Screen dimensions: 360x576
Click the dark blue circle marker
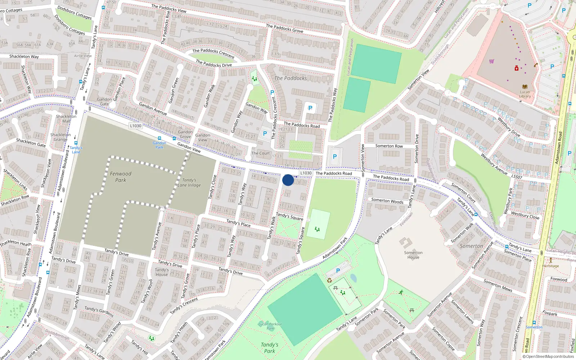tap(288, 180)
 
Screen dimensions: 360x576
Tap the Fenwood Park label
tap(121, 177)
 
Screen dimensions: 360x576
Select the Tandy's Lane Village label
tap(189, 183)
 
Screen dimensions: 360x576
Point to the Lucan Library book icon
tap(525, 86)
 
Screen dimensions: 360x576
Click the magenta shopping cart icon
tap(492, 61)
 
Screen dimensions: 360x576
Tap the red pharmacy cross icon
tap(517, 68)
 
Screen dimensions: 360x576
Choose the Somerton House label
tap(413, 255)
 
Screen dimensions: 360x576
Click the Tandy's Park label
tap(269, 348)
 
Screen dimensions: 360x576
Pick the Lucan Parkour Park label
tap(270, 326)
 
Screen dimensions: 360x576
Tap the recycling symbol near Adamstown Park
tap(329, 280)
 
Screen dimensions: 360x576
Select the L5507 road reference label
tap(517, 176)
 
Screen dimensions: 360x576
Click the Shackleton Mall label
tap(66, 119)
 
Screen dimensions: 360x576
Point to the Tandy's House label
tap(162, 272)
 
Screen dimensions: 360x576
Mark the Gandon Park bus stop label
tap(159, 145)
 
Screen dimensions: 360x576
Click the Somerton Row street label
tap(389, 146)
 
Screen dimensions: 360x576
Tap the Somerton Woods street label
tap(387, 201)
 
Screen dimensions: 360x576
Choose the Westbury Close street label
tap(525, 215)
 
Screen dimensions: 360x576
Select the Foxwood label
tap(559, 279)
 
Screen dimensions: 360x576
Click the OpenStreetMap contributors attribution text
tap(549, 357)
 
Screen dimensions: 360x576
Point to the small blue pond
tap(354, 278)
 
